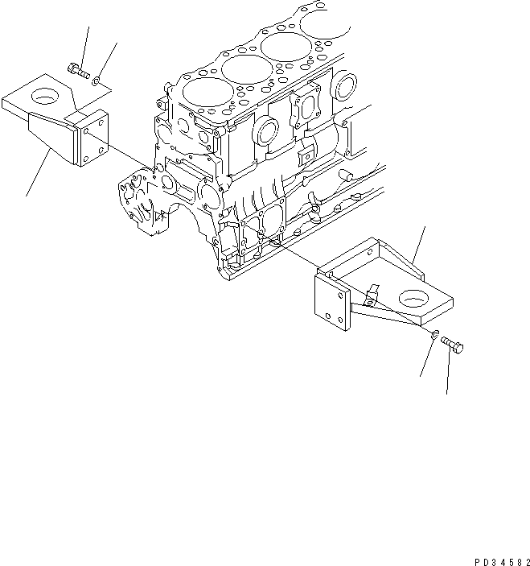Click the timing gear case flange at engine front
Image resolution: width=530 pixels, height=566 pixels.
coord(145,201)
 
